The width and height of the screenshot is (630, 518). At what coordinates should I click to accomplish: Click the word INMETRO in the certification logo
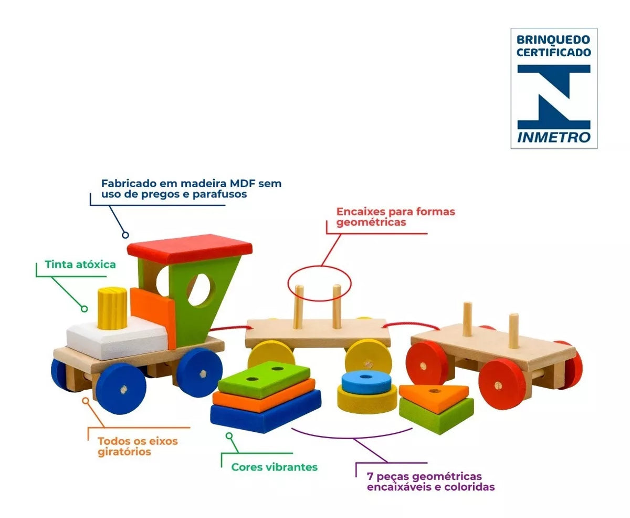[554, 137]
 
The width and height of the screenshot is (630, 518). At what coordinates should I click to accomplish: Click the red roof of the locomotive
[190, 248]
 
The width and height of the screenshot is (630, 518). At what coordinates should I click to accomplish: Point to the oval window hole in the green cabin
[202, 289]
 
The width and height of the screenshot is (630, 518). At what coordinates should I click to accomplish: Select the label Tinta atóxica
[80, 265]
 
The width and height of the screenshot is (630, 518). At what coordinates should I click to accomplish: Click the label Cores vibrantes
[274, 466]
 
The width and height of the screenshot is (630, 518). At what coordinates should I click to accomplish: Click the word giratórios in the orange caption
[124, 452]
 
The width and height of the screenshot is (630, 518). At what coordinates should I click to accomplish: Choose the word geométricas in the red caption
[371, 222]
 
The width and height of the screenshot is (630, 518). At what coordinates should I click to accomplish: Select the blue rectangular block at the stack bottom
[265, 413]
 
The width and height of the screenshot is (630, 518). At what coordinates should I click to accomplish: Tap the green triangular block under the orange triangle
[436, 414]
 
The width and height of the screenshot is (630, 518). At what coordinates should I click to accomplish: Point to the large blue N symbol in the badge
[554, 96]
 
